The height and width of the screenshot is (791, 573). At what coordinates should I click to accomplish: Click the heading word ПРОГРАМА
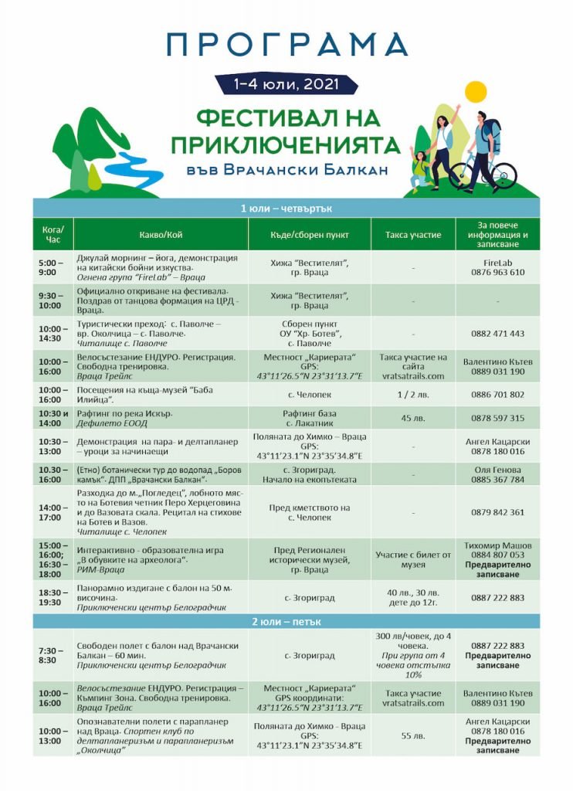pyautogui.click(x=286, y=44)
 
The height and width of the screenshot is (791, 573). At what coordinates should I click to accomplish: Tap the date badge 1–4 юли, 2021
pyautogui.click(x=286, y=83)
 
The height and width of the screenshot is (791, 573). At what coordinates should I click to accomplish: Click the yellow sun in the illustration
pyautogui.click(x=472, y=93)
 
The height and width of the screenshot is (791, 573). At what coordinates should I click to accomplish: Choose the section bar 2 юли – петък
pyautogui.click(x=286, y=620)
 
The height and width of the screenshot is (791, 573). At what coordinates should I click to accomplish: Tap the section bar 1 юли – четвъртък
pyautogui.click(x=286, y=209)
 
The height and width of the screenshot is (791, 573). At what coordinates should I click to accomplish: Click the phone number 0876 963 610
pyautogui.click(x=498, y=273)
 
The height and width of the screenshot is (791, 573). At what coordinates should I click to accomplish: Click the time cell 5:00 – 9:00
pyautogui.click(x=53, y=267)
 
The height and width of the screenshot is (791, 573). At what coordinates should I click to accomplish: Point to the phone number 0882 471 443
pyautogui.click(x=498, y=334)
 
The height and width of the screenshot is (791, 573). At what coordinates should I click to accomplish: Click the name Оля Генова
pyautogui.click(x=498, y=469)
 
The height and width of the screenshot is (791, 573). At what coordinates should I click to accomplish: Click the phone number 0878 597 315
pyautogui.click(x=498, y=418)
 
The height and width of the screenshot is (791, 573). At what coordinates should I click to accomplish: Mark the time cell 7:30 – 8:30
pyautogui.click(x=53, y=656)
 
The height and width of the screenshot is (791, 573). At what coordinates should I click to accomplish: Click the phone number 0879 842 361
pyautogui.click(x=498, y=512)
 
